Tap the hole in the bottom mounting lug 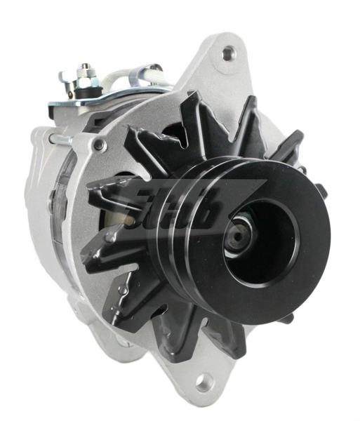(204, 382)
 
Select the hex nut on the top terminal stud (86, 72)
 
